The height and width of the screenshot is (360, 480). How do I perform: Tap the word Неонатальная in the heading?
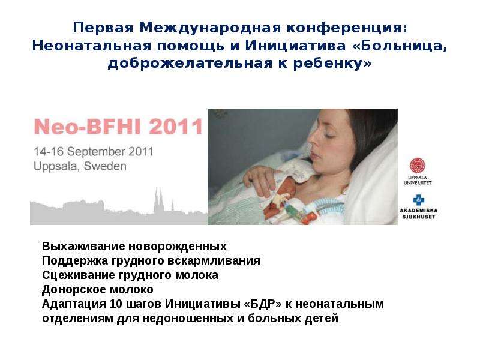click(x=92, y=46)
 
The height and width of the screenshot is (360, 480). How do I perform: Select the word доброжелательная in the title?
click(x=190, y=64)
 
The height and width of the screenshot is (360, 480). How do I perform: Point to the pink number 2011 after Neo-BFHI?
click(x=176, y=127)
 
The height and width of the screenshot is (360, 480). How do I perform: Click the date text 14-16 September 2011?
click(x=94, y=152)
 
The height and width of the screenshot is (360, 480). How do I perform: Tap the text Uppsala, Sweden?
click(x=80, y=166)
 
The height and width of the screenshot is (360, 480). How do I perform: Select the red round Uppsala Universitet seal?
click(x=418, y=166)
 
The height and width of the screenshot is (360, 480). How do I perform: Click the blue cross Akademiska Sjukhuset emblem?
click(x=418, y=200)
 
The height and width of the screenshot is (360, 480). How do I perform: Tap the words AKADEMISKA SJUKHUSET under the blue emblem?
click(x=418, y=214)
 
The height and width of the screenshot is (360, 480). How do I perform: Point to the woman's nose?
click(x=313, y=141)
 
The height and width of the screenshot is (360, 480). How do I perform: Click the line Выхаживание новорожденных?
click(x=134, y=246)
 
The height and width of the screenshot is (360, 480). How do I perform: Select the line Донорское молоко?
click(x=98, y=289)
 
